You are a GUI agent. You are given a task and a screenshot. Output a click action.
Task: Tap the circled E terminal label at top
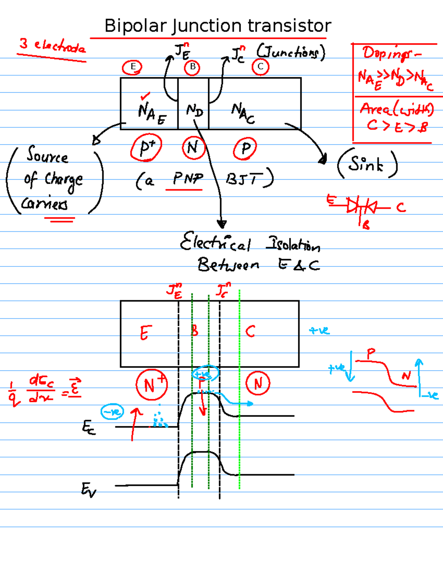pos(133,67)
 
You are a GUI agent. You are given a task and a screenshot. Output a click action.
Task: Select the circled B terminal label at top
pos(192,68)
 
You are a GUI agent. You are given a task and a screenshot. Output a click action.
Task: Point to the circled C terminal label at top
pos(261,67)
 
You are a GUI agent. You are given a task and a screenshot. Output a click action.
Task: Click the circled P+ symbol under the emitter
pos(147,148)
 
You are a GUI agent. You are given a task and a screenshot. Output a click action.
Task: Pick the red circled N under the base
pos(193,148)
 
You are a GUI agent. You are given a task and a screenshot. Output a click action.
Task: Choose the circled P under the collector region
pos(245,149)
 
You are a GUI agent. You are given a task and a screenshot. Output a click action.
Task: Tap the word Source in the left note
pos(47,155)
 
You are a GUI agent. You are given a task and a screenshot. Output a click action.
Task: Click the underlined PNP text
pos(188,179)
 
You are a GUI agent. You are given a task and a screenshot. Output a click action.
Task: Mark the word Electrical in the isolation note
pos(215,243)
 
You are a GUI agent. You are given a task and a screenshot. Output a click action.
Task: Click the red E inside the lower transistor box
pos(145,333)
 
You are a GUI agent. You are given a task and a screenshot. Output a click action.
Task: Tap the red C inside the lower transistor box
pos(250,331)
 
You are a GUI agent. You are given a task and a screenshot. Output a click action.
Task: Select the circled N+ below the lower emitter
pos(151,385)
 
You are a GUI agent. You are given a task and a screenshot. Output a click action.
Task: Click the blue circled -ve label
pos(112,412)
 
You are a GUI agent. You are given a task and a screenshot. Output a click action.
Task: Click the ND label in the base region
pos(194,110)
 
